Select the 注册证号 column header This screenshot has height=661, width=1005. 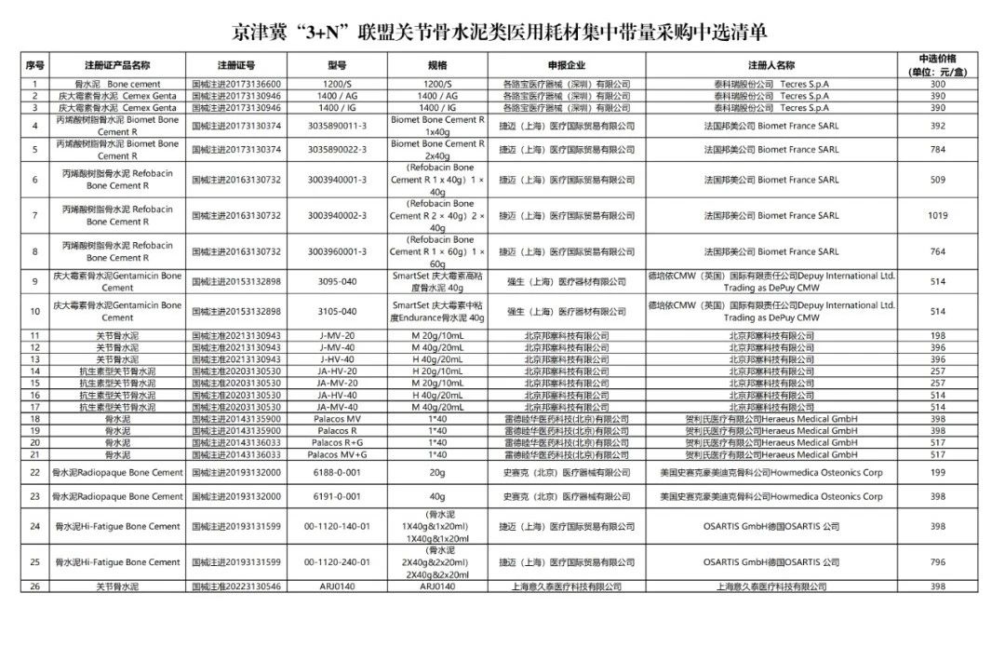(236, 65)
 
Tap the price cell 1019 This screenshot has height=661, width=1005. (937, 215)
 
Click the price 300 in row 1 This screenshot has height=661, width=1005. (937, 84)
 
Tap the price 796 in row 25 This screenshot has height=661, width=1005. (937, 562)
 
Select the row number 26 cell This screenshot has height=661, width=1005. (34, 587)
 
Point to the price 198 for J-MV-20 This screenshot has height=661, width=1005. (937, 335)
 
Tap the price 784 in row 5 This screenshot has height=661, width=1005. (937, 149)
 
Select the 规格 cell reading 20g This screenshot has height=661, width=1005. (436, 473)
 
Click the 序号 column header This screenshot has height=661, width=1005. (34, 65)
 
